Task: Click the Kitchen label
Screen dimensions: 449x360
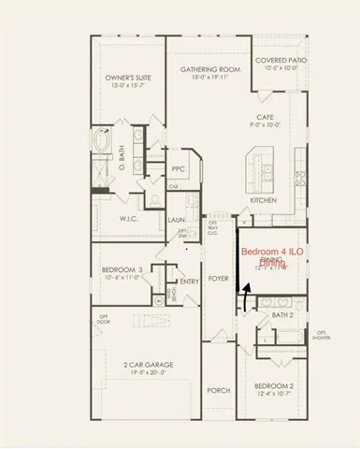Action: pos(264,200)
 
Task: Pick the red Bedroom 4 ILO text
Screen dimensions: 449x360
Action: pos(272,253)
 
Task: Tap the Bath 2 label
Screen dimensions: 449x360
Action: pos(282,315)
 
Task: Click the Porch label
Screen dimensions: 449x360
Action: pos(219,390)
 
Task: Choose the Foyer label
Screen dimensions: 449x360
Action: pos(219,279)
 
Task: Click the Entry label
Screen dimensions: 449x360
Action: pos(189,282)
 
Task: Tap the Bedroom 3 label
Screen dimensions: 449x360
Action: pos(122,270)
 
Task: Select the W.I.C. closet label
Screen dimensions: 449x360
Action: pos(129,219)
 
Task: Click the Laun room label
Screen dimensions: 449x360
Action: pos(177,221)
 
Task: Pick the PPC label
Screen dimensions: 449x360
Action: pos(179,169)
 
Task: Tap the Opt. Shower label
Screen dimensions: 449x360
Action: pos(321,336)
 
